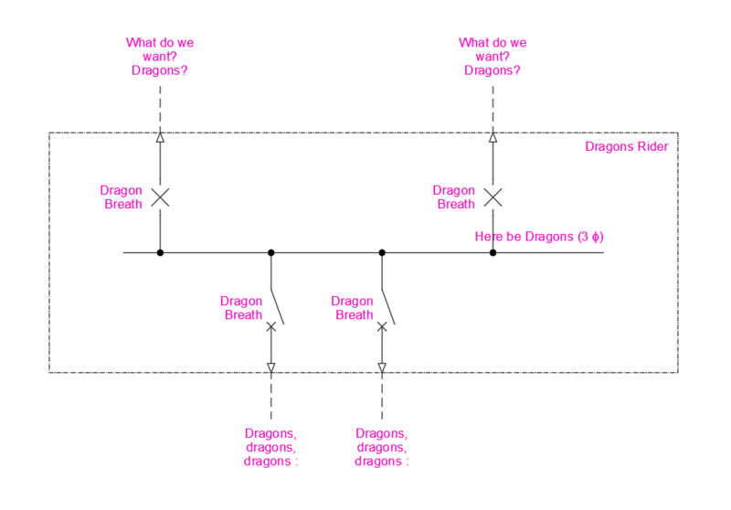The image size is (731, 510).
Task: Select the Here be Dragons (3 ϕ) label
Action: coord(539,237)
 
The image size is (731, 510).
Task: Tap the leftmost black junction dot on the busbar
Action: coord(160,252)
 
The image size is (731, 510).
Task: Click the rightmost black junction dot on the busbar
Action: coord(493,252)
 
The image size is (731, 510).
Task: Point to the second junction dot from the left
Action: coord(271,252)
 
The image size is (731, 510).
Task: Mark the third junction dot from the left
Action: coord(382,252)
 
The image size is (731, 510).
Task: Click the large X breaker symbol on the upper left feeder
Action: coord(160,197)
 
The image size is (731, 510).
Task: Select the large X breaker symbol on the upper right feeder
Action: coord(493,197)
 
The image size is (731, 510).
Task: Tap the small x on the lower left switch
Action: coord(271,326)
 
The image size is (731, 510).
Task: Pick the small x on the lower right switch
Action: coord(382,326)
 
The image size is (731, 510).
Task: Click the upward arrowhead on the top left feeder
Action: coord(160,138)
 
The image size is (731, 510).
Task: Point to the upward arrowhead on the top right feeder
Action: coord(493,138)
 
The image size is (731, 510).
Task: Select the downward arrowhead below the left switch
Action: coord(271,368)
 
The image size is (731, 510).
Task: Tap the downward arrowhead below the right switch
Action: coord(382,368)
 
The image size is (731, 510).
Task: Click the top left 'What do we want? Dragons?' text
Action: coord(160,56)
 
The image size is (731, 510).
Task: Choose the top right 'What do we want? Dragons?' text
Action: coord(493,56)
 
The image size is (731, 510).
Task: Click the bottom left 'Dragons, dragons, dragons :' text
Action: coord(271,447)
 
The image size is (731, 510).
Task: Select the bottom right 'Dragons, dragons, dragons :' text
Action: coord(382,447)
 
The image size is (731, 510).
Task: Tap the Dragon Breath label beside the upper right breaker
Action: coord(454,197)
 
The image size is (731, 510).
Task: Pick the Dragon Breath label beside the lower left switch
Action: coord(243,308)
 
